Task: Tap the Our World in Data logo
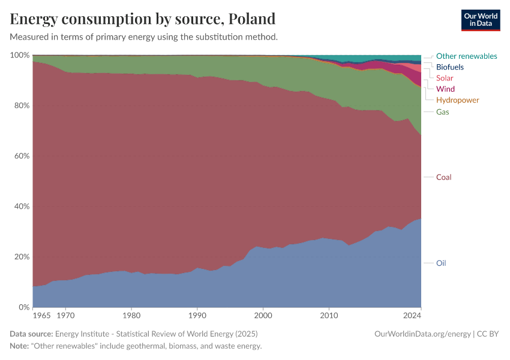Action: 480,20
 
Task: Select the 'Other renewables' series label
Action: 466,56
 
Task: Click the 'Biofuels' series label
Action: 449,67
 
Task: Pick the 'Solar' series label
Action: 445,78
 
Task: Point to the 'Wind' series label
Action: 445,89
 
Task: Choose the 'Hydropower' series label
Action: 457,100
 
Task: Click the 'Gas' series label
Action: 442,112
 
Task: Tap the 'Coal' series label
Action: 443,177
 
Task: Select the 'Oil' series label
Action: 441,263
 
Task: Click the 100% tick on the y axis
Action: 20,55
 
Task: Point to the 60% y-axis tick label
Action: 21,156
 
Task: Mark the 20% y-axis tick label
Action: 21,257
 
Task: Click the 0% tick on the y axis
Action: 23,307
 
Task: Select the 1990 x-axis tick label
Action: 197,314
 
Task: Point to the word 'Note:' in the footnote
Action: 22,346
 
